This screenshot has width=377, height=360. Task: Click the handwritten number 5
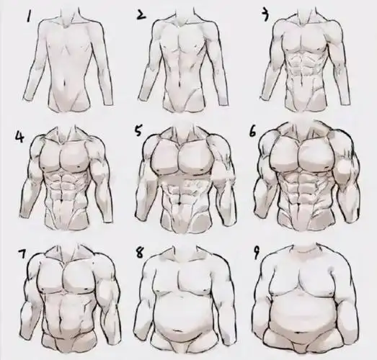tap(138, 131)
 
